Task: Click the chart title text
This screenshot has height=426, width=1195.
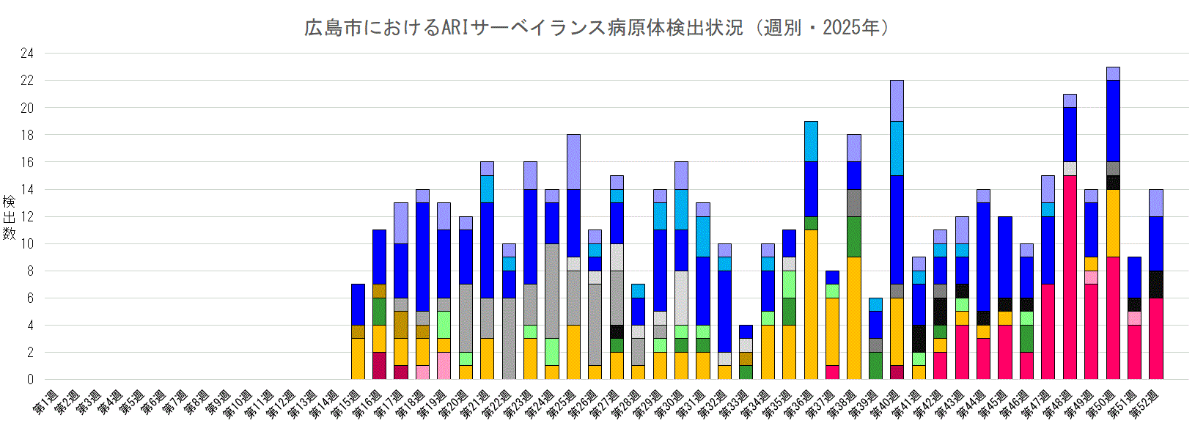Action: point(597,28)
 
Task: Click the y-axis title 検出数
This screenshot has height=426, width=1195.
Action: point(9,217)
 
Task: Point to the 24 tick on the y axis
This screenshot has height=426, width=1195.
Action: point(27,54)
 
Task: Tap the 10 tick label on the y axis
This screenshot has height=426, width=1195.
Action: point(27,244)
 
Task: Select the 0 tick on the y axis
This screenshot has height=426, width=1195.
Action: point(30,380)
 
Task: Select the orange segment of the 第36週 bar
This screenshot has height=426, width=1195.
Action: point(811,304)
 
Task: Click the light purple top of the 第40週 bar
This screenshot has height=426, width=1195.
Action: point(897,100)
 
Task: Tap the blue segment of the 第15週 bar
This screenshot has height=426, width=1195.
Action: point(358,304)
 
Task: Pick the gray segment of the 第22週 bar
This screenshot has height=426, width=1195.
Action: point(509,338)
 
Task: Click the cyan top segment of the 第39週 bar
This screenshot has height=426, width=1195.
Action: point(875,304)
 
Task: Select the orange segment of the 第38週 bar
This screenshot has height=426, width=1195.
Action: point(854,317)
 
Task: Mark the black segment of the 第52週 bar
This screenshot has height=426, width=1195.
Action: point(1156,284)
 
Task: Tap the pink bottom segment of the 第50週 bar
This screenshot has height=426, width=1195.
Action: point(1113,317)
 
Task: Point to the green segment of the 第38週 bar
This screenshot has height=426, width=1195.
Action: point(854,236)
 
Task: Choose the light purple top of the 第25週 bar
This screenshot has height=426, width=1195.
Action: point(573,161)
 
